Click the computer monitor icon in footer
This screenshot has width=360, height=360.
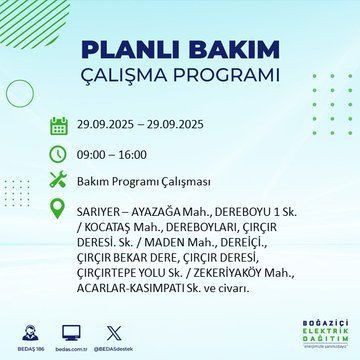(x=71, y=332)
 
